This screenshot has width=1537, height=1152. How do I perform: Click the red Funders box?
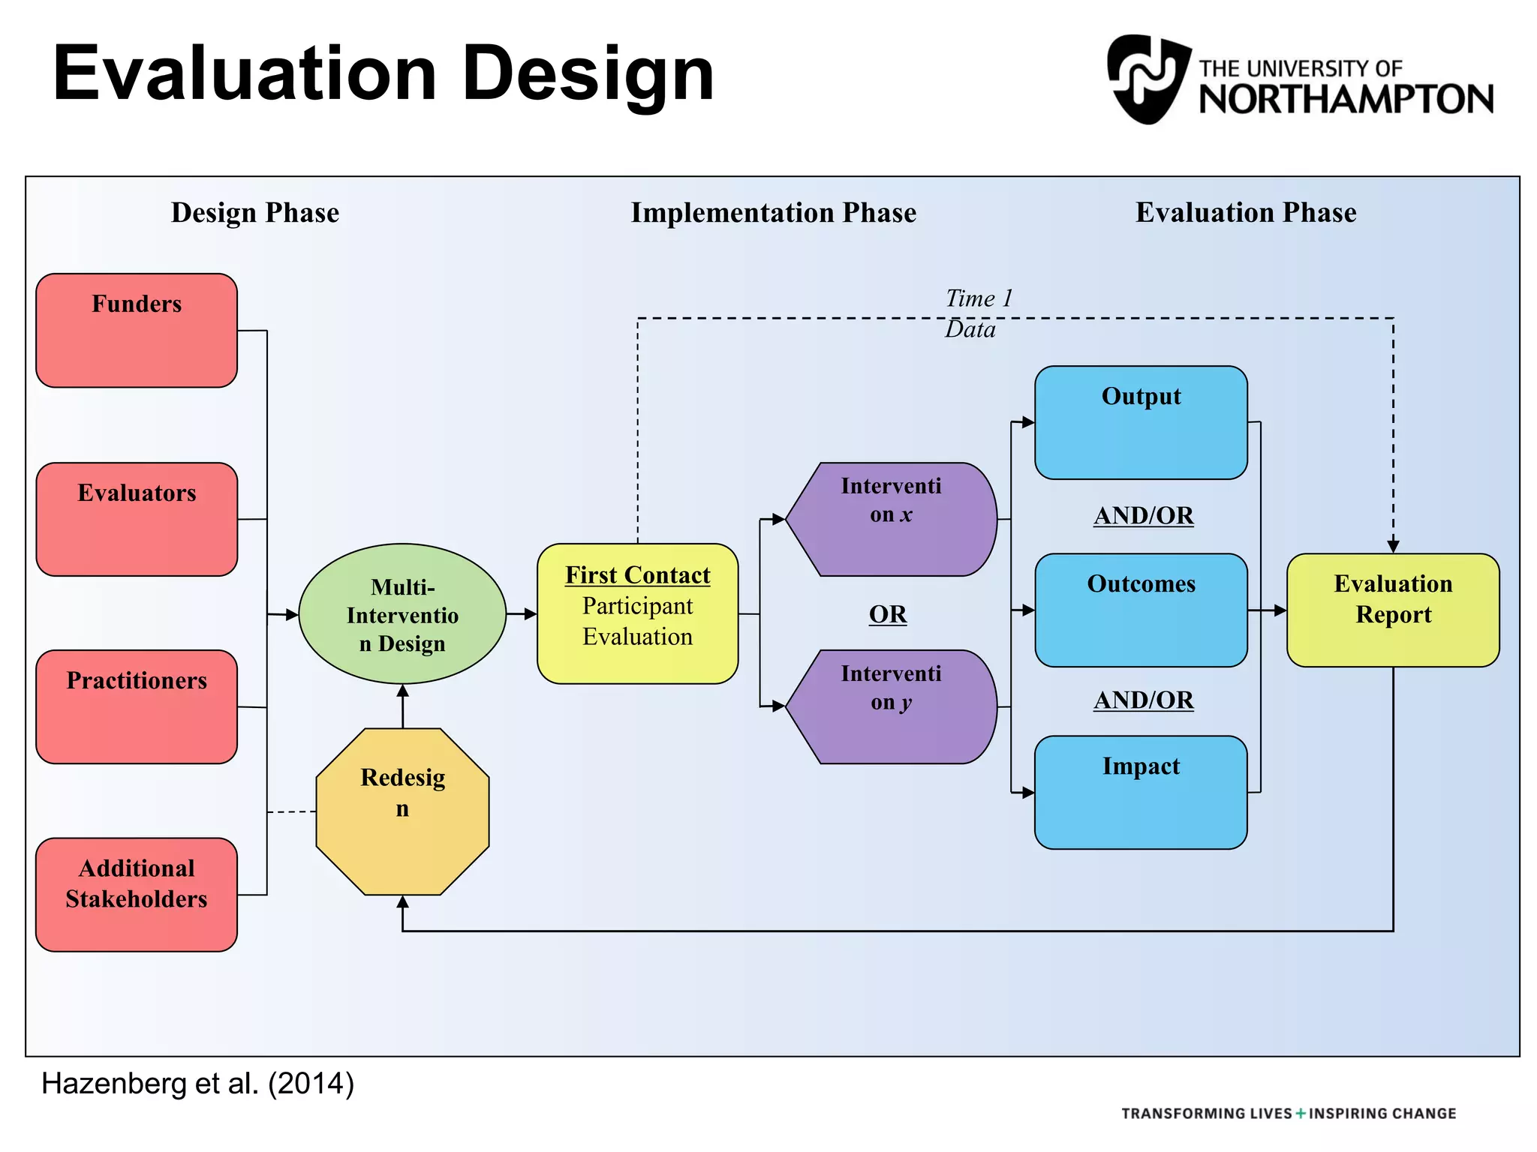[x=137, y=331]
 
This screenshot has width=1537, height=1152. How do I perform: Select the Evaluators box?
[x=137, y=520]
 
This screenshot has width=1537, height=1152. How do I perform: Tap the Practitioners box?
[x=137, y=707]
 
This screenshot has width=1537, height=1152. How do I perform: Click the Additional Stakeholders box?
[x=137, y=895]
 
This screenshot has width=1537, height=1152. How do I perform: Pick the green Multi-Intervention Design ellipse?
[x=402, y=614]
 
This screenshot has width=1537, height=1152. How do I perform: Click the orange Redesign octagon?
[x=402, y=811]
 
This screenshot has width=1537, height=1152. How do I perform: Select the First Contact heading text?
[x=637, y=575]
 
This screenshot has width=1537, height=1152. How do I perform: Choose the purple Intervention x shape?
[x=891, y=520]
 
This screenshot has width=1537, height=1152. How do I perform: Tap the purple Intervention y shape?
[x=891, y=707]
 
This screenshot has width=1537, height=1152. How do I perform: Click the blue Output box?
[x=1141, y=423]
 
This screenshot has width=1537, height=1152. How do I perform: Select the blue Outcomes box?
[x=1141, y=610]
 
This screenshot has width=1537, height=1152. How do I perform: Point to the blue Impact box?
[x=1141, y=793]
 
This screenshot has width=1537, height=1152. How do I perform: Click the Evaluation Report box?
[x=1393, y=610]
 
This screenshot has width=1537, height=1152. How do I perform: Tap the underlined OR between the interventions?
[x=888, y=614]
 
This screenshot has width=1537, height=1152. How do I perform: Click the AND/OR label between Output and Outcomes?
[x=1143, y=516]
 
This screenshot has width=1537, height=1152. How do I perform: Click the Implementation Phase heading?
[x=773, y=213]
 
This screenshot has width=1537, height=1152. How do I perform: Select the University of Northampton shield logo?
[x=1149, y=79]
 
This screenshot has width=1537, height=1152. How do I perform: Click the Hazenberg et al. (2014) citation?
[x=197, y=1084]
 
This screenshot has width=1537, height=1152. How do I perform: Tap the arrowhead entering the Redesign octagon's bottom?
[x=403, y=902]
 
